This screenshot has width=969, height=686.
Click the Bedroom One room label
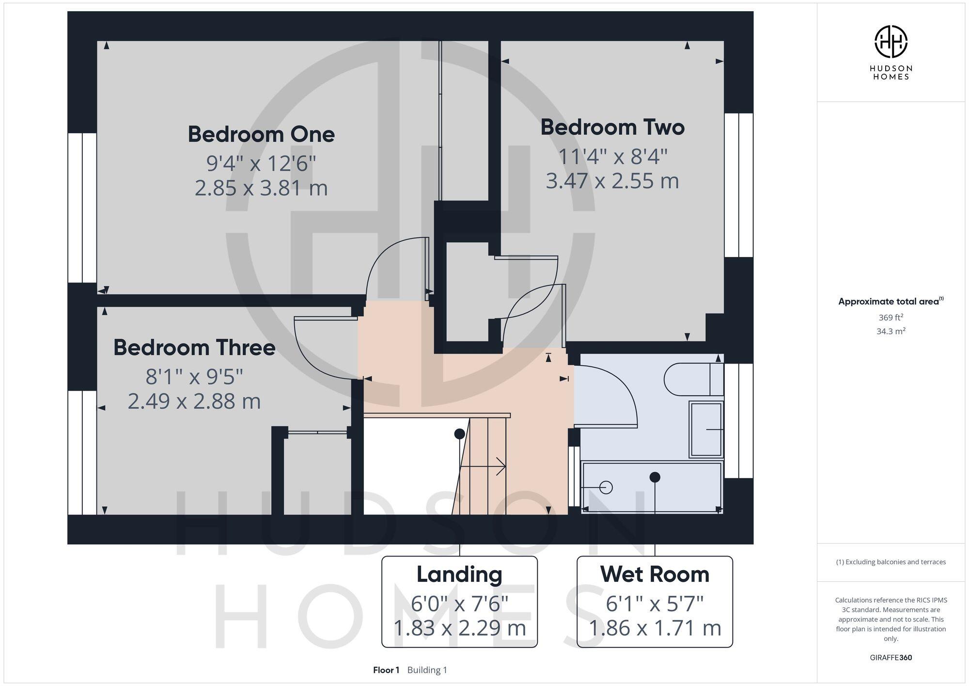(x=261, y=134)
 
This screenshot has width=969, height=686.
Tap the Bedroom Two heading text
(x=612, y=127)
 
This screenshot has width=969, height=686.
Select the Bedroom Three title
(x=194, y=348)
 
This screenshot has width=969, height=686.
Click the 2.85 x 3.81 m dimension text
(x=261, y=188)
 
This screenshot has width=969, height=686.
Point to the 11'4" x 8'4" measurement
(x=612, y=157)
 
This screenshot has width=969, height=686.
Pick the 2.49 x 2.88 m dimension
(x=194, y=401)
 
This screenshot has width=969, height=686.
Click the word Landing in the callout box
(x=459, y=574)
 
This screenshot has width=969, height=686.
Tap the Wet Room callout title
(x=655, y=574)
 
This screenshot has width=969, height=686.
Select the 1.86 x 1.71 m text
(x=655, y=628)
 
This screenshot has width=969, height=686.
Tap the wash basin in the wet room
(x=706, y=429)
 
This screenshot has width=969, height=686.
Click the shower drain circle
(x=606, y=487)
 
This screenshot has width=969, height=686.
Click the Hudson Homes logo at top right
(x=891, y=42)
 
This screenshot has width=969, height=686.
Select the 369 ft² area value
(x=891, y=318)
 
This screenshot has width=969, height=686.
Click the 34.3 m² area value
(x=891, y=332)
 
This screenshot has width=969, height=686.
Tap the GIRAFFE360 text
(x=891, y=657)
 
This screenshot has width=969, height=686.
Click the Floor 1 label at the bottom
(x=386, y=670)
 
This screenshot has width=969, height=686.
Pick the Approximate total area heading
(x=889, y=302)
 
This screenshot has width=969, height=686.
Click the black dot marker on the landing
(x=459, y=434)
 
